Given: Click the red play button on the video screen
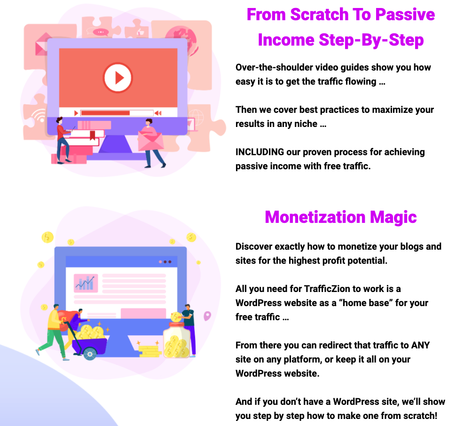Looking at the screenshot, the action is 118,78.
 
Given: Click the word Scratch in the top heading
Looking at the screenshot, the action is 319,15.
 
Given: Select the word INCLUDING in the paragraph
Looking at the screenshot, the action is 260,152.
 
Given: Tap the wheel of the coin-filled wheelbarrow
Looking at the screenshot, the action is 90,354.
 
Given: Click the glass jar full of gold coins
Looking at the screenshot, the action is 177,340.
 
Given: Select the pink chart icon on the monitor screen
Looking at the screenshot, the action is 86,283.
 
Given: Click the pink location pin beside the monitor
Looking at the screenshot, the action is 207,316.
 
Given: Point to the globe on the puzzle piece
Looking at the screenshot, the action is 181,40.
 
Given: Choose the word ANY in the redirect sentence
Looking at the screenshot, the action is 421,345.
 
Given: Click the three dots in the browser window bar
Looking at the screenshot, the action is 165,261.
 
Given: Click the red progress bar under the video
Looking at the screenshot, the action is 105,113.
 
